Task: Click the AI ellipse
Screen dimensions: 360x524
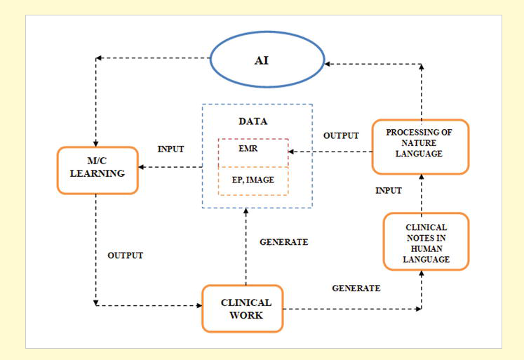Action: (x=261, y=60)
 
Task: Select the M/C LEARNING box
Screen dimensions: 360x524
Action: (x=97, y=171)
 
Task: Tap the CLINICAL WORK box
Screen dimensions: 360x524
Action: (x=242, y=308)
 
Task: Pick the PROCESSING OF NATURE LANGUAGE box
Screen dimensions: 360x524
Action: (x=419, y=146)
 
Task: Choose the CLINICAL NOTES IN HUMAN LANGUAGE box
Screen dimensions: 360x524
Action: (x=425, y=241)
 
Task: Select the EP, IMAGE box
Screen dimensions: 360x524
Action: (x=253, y=180)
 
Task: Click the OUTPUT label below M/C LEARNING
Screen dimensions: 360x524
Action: (x=125, y=255)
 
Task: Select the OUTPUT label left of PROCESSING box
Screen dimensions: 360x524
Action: (x=341, y=135)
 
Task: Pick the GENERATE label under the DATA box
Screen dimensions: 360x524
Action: (x=284, y=242)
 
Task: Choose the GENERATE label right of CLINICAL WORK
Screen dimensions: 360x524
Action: (x=356, y=288)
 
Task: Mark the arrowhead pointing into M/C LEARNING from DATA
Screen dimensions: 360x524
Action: (x=142, y=168)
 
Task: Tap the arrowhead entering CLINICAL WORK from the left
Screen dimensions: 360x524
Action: (x=198, y=305)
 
